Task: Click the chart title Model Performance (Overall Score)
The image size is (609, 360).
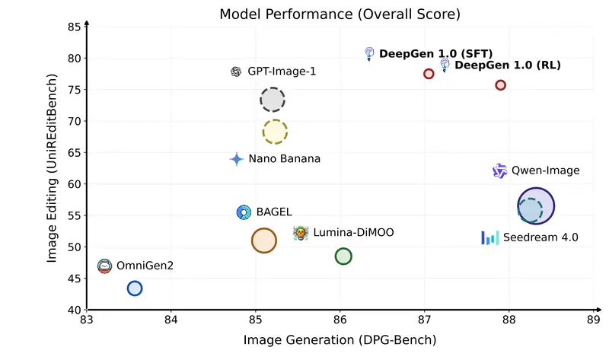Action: point(340,14)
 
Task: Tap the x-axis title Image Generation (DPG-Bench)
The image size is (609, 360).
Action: point(340,339)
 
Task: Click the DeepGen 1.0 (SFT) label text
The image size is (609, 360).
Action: point(436,54)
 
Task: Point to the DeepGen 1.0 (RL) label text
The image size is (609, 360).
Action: point(508,65)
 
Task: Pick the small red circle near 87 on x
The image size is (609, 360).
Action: point(429,74)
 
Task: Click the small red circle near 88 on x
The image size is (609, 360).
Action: point(501,85)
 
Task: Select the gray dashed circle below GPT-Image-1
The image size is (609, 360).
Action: point(273,100)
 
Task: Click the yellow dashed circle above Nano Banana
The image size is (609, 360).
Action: point(275,132)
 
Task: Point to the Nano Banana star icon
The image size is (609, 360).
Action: point(237,159)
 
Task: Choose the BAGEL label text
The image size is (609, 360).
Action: point(274,212)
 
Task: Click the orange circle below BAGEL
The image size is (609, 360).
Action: point(263,241)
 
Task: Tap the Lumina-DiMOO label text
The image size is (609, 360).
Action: point(354,232)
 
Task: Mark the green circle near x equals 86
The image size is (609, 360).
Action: point(343,256)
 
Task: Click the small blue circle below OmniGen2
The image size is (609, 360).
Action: point(135,288)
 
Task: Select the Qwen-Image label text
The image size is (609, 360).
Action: point(545,170)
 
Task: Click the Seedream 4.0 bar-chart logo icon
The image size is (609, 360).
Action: point(489,237)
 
